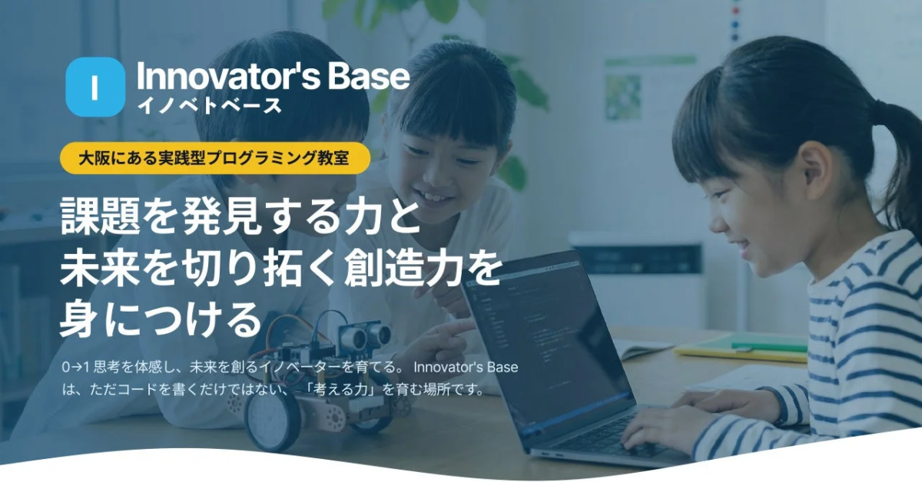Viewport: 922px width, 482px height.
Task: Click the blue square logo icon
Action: (95, 87)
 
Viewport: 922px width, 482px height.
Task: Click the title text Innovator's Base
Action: (273, 77)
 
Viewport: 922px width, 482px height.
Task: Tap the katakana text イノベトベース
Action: (209, 106)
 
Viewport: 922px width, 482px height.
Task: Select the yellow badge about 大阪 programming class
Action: (214, 159)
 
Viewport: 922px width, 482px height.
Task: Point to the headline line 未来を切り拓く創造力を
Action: (280, 271)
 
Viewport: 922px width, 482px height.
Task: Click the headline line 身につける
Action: (161, 320)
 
